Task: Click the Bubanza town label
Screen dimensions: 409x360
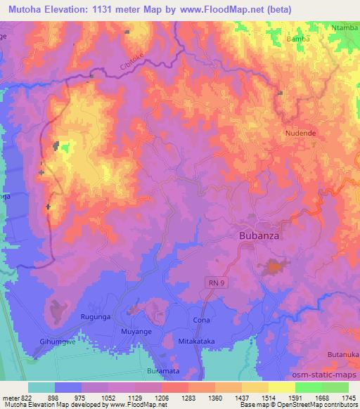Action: pos(259,236)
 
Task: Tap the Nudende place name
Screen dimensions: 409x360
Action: pos(301,133)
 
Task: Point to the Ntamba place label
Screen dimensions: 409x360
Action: pos(345,27)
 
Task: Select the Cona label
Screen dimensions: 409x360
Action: pos(200,320)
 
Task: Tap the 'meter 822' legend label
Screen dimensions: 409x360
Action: pos(16,398)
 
